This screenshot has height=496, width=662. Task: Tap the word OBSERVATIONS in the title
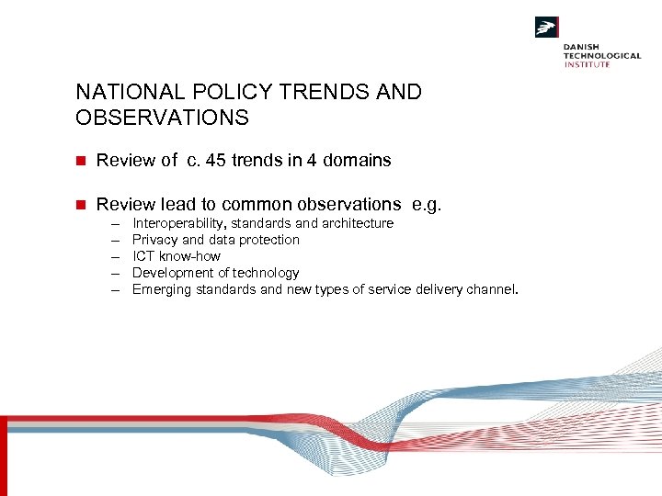point(162,118)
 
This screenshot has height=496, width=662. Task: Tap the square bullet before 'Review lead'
point(80,205)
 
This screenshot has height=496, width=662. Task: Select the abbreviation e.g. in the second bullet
point(428,205)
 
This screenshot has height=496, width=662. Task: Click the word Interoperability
point(179,223)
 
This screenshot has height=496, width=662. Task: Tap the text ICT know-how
point(177,256)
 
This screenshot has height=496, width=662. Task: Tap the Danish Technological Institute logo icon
point(547,28)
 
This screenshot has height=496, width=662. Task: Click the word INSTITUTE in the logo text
point(587,64)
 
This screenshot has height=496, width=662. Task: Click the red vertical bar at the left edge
point(3,455)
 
